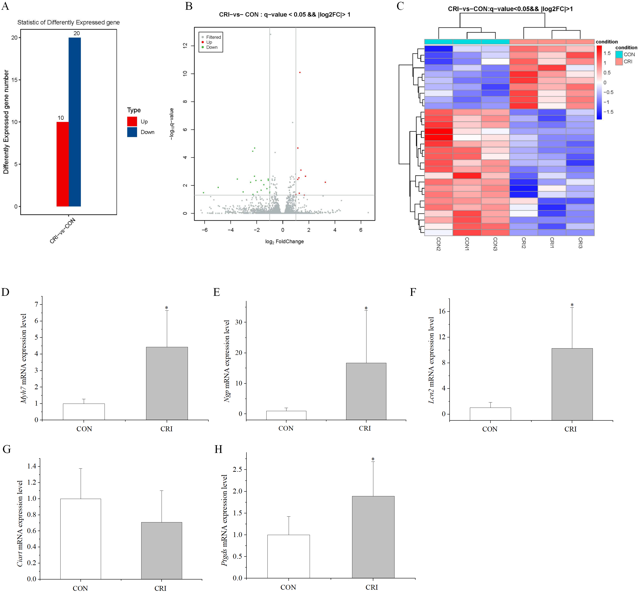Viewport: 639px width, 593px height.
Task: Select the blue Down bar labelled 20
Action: [x=75, y=122]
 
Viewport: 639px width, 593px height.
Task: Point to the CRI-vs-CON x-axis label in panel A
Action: [x=63, y=230]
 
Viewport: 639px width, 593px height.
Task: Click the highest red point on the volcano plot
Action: [x=300, y=73]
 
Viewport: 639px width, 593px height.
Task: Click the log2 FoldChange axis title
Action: [x=284, y=242]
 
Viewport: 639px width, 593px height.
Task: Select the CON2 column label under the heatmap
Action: [x=438, y=244]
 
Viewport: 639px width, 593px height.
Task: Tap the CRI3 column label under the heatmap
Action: [x=580, y=243]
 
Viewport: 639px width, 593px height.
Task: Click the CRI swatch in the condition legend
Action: [x=619, y=62]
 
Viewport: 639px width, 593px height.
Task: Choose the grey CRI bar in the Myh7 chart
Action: [x=167, y=383]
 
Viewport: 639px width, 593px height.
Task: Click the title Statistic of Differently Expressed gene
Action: [x=69, y=23]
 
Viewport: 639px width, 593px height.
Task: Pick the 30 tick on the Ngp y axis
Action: [x=238, y=322]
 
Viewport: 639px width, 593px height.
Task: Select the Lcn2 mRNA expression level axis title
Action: [x=431, y=360]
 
